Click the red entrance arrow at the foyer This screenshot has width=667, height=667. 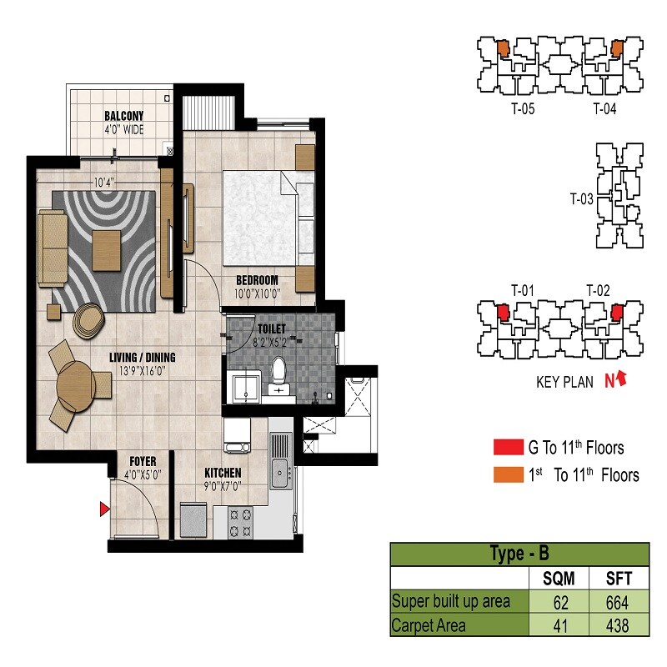(104, 509)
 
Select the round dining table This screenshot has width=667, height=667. (74, 386)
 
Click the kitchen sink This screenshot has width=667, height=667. (279, 473)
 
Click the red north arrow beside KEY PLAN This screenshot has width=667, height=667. (618, 381)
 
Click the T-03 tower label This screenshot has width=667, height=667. (581, 199)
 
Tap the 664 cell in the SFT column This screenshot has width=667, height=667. (619, 601)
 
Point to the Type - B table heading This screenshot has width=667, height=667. (519, 554)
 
